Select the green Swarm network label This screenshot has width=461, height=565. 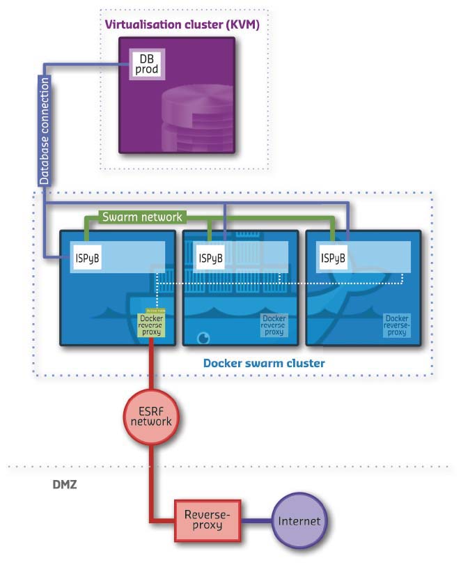click(142, 217)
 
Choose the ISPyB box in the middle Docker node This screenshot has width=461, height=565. click(210, 258)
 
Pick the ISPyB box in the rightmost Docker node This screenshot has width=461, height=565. click(333, 258)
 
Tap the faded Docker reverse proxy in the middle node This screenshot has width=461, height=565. click(274, 325)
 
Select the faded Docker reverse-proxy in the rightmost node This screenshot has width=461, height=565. click(396, 325)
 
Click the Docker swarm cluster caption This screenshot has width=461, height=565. click(264, 364)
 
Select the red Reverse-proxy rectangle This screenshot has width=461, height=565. click(206, 520)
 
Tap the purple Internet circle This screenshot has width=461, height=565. click(299, 520)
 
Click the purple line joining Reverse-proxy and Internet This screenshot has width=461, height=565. click(256, 520)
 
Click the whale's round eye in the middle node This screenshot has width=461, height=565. click(203, 338)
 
